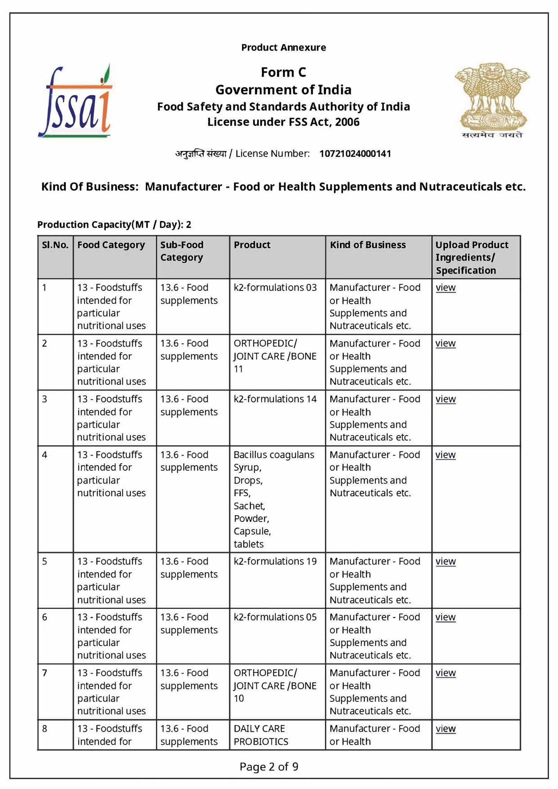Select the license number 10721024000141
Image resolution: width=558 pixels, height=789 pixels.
[355, 154]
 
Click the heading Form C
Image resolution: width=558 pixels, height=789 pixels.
[283, 72]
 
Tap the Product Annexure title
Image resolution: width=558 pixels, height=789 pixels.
[283, 47]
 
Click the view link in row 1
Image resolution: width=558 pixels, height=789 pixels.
[445, 288]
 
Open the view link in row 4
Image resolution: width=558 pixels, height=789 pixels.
[445, 455]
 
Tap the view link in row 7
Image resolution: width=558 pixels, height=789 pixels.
[445, 673]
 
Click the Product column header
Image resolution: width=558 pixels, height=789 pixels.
[252, 245]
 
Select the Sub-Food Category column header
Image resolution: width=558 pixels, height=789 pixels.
[182, 251]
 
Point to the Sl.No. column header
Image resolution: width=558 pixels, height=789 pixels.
[55, 245]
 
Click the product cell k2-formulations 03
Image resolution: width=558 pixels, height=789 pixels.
[275, 288]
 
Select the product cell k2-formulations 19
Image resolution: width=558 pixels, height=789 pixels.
[275, 561]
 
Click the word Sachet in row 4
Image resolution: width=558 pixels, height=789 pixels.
[249, 506]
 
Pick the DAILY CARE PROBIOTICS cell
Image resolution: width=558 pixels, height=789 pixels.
[261, 735]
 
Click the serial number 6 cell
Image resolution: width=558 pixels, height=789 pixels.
[45, 617]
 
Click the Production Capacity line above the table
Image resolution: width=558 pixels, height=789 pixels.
[114, 224]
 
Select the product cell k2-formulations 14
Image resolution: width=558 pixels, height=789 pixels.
[275, 399]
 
